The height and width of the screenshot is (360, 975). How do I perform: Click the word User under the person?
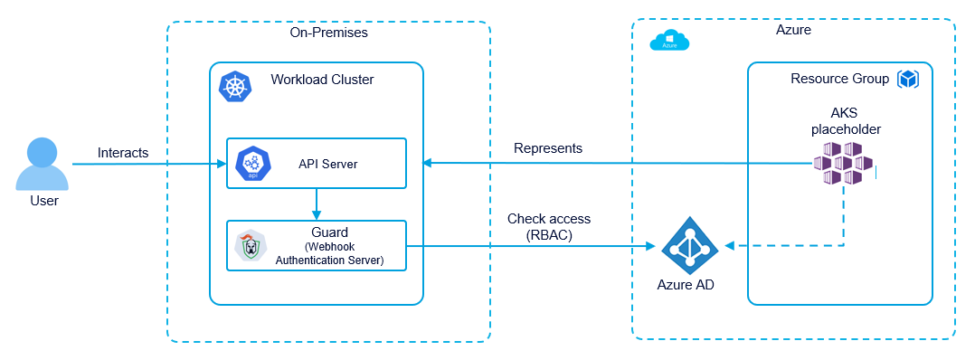tap(43, 201)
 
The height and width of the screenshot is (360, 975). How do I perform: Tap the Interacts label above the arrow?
tap(123, 153)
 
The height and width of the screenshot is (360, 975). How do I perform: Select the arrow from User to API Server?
tap(154, 165)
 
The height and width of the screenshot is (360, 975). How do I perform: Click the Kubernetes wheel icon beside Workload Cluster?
tap(236, 87)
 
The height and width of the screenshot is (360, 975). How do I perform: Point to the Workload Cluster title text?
tap(322, 80)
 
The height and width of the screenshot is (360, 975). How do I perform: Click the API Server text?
tap(327, 164)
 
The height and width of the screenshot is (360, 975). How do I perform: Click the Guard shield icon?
tap(250, 246)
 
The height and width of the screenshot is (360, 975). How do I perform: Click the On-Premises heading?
tap(328, 33)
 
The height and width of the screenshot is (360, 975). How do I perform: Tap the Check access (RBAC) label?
tap(549, 226)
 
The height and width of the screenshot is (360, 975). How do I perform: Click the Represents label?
tap(548, 147)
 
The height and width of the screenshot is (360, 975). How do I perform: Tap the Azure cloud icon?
tap(669, 41)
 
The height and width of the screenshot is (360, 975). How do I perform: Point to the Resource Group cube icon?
tap(907, 80)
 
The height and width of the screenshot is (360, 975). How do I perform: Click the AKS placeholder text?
tap(845, 121)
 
